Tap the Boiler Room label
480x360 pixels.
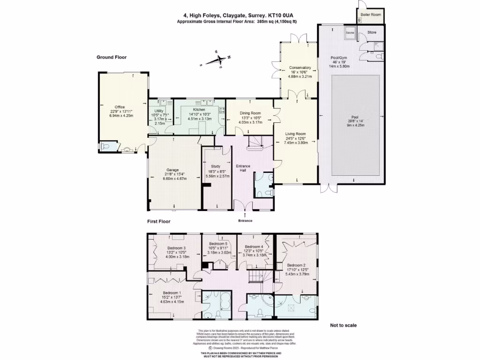tap(371, 15)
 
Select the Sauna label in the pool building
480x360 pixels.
tap(350, 33)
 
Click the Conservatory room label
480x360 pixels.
tap(300, 67)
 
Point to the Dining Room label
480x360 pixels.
tap(250, 113)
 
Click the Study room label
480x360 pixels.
tap(216, 166)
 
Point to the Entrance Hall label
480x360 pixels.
tap(243, 169)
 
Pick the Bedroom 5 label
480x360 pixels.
tap(218, 244)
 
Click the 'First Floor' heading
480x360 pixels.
tap(158, 221)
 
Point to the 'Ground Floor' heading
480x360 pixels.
tap(112, 57)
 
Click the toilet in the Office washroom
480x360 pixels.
tap(106, 146)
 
